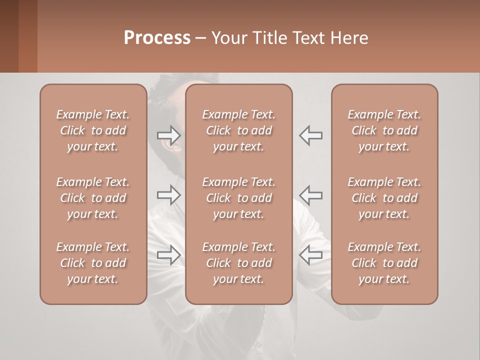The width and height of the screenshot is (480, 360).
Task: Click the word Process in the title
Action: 157,38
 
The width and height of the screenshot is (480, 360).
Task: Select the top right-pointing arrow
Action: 168,134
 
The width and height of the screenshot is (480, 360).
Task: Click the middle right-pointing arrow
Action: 168,195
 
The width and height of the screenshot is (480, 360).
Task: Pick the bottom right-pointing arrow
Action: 168,255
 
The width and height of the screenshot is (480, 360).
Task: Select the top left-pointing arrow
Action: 311,134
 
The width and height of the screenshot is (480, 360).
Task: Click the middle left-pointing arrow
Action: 311,195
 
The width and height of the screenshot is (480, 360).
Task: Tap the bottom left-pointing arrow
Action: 311,255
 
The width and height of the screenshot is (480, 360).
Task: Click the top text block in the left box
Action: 93,130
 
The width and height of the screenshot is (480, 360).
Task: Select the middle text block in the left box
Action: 93,198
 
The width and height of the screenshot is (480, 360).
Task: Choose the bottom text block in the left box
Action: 93,263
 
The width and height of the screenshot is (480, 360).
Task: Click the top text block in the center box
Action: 239,130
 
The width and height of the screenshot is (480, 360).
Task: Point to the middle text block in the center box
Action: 239,198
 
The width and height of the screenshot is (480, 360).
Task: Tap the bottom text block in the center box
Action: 239,263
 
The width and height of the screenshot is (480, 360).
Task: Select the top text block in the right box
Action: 384,130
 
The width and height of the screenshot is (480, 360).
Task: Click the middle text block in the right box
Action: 384,198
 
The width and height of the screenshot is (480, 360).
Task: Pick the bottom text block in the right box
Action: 384,263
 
